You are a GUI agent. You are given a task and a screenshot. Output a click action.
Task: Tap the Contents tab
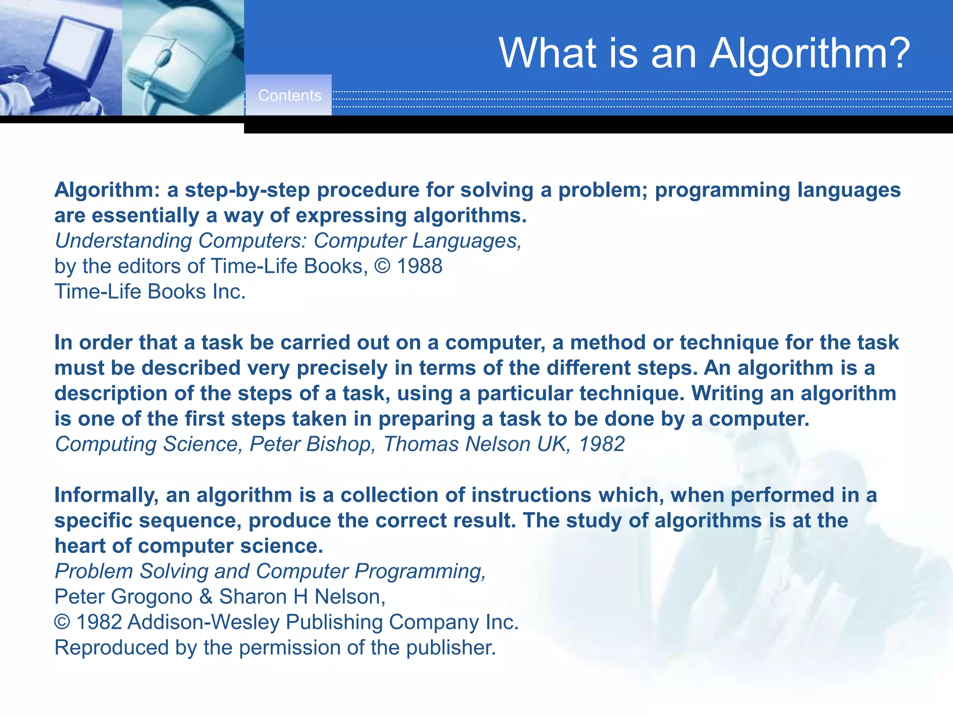[289, 95]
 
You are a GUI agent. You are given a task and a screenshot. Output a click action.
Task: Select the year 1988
[419, 266]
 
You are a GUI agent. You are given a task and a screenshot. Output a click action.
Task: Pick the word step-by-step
[247, 190]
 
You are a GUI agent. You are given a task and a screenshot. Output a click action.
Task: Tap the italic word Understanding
[123, 241]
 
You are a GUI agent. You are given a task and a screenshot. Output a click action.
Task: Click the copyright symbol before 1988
[382, 266]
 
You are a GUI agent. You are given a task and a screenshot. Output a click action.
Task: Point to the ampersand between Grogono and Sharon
[206, 597]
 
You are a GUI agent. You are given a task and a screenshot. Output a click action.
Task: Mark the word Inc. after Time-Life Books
[228, 292]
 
